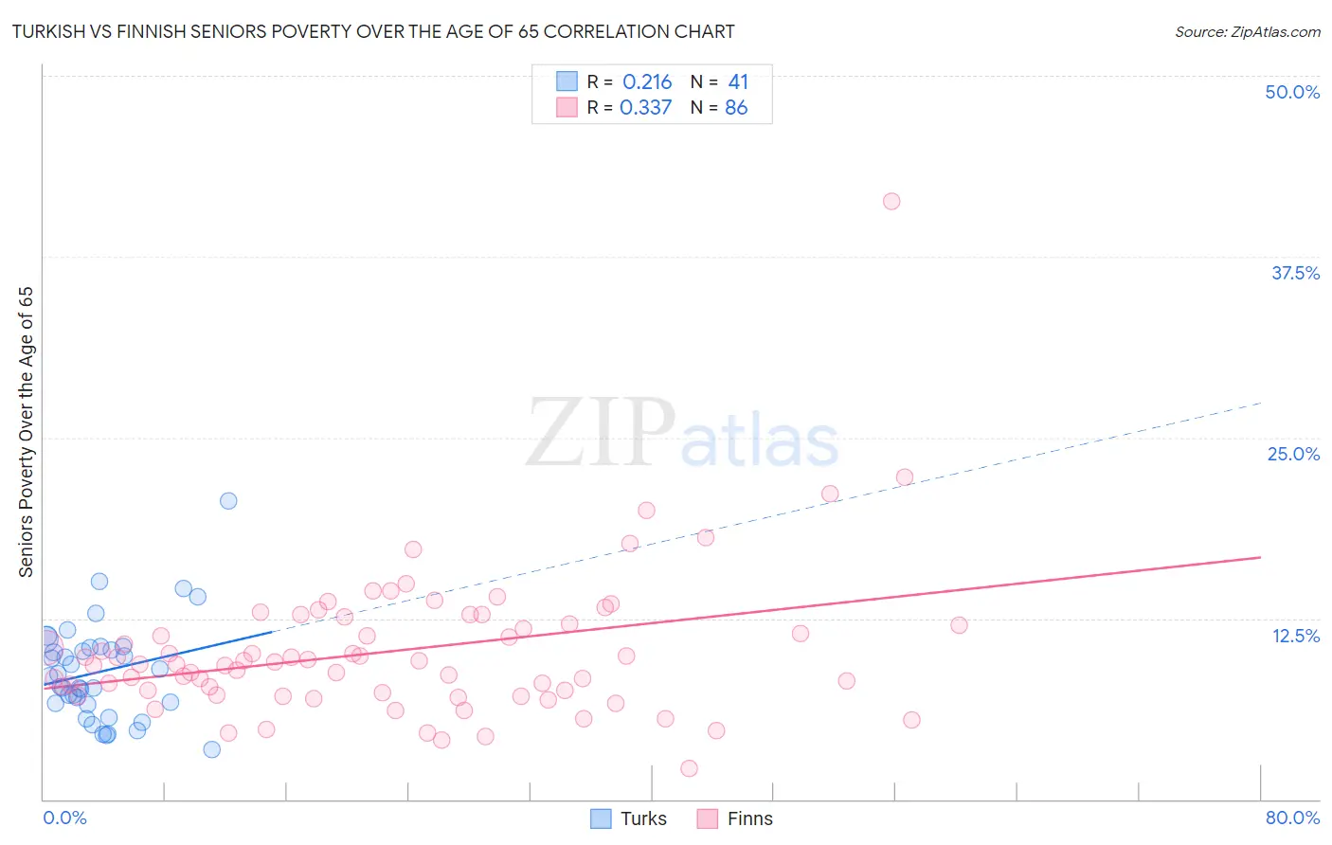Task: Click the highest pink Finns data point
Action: click(891, 201)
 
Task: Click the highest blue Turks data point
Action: click(228, 501)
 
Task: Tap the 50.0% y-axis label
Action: click(1292, 92)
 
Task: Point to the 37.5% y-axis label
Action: click(1295, 273)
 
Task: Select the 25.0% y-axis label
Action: click(1293, 454)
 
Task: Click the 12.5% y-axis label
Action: click(1295, 636)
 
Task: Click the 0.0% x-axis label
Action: click(64, 818)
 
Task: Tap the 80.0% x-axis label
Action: click(1292, 818)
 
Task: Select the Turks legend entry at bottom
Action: click(629, 818)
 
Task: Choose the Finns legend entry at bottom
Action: click(735, 818)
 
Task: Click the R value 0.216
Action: click(647, 82)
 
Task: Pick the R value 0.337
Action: click(645, 108)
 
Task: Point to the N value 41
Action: click(738, 82)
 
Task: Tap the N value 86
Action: click(736, 108)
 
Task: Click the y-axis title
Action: click(27, 432)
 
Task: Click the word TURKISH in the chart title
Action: click(53, 32)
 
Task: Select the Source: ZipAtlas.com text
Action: click(1247, 32)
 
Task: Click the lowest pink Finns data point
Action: click(689, 768)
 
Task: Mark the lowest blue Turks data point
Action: click(212, 749)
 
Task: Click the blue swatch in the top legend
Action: click(567, 81)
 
